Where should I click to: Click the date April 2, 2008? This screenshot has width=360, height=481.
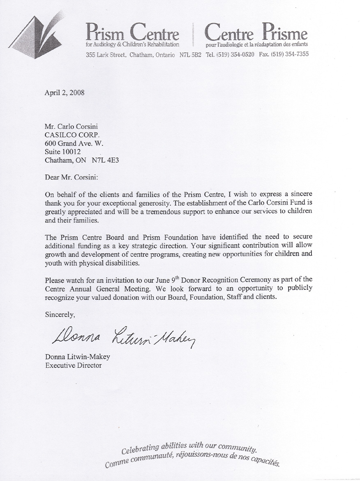click(x=65, y=92)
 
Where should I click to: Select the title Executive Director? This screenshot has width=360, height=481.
click(x=73, y=365)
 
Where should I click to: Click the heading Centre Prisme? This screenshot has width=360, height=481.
click(x=256, y=33)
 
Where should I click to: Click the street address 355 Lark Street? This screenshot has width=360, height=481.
click(x=106, y=55)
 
